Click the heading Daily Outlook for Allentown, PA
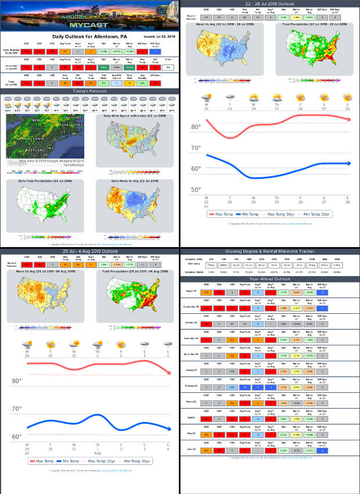pyautogui.click(x=90, y=36)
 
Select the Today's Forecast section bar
pyautogui.click(x=90, y=91)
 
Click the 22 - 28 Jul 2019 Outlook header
pyautogui.click(x=269, y=3)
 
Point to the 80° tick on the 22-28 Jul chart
pyautogui.click(x=196, y=127)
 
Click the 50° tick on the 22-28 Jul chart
pyautogui.click(x=196, y=189)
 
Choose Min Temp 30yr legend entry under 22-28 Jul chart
pyautogui.click(x=316, y=214)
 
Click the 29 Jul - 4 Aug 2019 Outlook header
pyautogui.click(x=90, y=251)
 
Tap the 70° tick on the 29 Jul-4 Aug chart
pyautogui.click(x=17, y=409)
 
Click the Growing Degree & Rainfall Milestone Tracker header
pyautogui.click(x=269, y=251)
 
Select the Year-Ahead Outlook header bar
pyautogui.click(x=269, y=278)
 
